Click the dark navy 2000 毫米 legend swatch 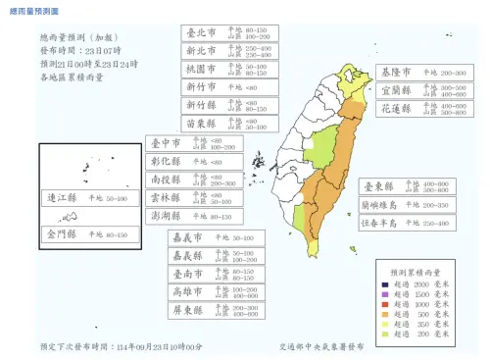coord(385,284)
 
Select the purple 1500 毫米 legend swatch coord(385,294)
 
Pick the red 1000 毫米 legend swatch coord(385,304)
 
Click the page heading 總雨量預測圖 coord(32,10)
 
